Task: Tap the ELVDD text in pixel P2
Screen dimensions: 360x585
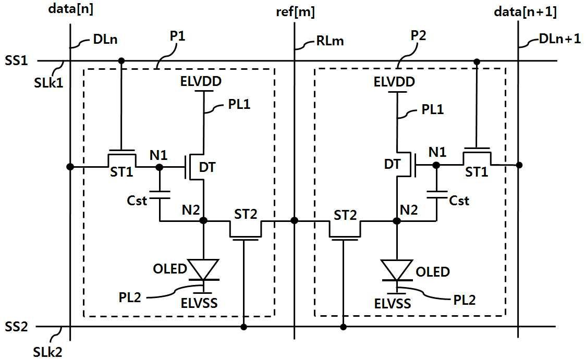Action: pyautogui.click(x=395, y=82)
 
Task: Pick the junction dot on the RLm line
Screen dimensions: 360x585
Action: pyautogui.click(x=295, y=221)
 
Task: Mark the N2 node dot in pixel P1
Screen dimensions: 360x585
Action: pyautogui.click(x=203, y=221)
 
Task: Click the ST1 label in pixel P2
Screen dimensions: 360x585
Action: pyautogui.click(x=477, y=172)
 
